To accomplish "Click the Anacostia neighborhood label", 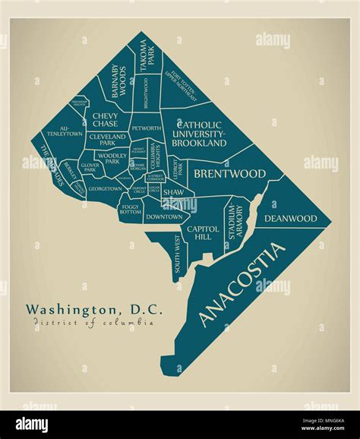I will (x=243, y=284).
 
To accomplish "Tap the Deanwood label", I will (x=290, y=219).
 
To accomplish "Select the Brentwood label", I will (x=230, y=174).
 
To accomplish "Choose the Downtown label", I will (x=163, y=217).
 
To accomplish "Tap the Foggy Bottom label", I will (x=130, y=209).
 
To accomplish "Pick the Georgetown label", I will (x=105, y=188).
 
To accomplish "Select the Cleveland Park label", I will (x=107, y=140).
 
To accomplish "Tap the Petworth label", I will (x=146, y=128).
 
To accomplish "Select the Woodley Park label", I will (x=112, y=159).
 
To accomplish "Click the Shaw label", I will (x=172, y=194).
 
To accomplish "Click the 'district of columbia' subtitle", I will (x=93, y=323).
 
